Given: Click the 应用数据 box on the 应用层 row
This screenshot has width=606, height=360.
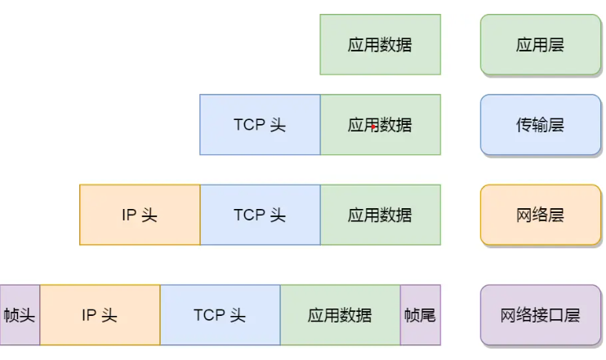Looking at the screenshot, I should click(380, 44).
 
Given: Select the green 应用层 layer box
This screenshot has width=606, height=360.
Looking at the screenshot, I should click(540, 44).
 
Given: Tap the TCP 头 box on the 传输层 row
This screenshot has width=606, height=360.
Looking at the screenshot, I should click(260, 125).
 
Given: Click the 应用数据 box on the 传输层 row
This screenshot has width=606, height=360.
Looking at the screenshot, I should click(380, 125).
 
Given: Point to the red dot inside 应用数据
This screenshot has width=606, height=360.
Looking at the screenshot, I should click(373, 127).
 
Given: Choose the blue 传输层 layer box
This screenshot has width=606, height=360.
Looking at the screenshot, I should click(540, 125).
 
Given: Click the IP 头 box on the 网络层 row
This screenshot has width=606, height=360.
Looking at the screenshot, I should click(140, 215).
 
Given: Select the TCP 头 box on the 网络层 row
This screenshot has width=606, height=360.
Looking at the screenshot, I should click(260, 215).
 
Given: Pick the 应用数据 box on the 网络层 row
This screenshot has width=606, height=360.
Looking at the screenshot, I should click(380, 215).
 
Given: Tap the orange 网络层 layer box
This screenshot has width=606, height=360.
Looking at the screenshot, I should click(540, 215).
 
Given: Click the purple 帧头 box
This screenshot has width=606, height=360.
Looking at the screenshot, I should click(20, 314).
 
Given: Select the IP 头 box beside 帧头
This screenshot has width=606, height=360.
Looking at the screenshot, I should click(100, 314).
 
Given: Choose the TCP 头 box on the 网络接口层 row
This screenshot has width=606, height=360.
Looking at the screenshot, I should click(220, 314).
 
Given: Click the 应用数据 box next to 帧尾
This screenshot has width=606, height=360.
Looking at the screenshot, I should click(340, 314).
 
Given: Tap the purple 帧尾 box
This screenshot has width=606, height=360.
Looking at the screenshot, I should click(420, 314).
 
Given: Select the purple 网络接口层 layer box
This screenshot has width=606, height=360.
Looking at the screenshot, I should click(540, 314).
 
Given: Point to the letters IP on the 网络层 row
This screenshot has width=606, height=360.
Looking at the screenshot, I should click(128, 215).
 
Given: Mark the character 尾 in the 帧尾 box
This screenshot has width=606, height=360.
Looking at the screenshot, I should click(427, 314).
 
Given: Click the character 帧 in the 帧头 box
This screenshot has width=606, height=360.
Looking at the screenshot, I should click(11, 314).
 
